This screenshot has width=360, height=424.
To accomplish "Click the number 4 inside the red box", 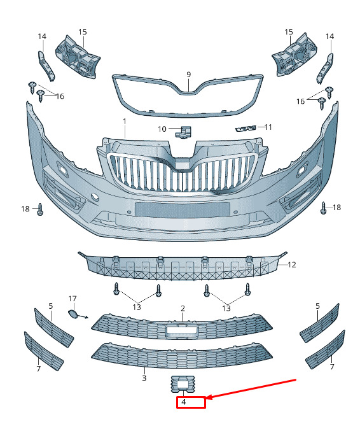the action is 184,402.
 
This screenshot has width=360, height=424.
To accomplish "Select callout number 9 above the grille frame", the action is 188,74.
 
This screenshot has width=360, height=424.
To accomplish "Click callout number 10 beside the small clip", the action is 162,129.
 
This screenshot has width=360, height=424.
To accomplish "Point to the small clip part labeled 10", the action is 184,132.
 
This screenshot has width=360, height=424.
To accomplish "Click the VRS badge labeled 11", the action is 246,129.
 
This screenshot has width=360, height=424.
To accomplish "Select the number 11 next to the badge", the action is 268,127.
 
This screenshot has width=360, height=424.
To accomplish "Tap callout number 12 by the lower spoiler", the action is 292,265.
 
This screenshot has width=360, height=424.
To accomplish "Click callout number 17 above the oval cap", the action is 73,299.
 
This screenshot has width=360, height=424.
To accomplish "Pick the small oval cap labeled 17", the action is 73,314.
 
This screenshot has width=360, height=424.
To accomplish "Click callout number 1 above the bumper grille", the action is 125,122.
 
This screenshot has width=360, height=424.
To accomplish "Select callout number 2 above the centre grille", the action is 183,308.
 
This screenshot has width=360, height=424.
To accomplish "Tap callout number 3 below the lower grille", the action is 144,378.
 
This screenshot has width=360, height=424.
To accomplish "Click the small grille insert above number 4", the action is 183,384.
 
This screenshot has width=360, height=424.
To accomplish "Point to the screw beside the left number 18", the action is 40,209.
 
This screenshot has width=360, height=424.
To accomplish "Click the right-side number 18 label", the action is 336,208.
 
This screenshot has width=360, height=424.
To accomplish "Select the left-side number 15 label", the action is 83,32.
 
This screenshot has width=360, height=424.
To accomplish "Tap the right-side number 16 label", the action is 301,101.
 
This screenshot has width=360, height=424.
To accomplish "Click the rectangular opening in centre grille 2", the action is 182,330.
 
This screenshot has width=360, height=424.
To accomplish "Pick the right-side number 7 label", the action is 332,367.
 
